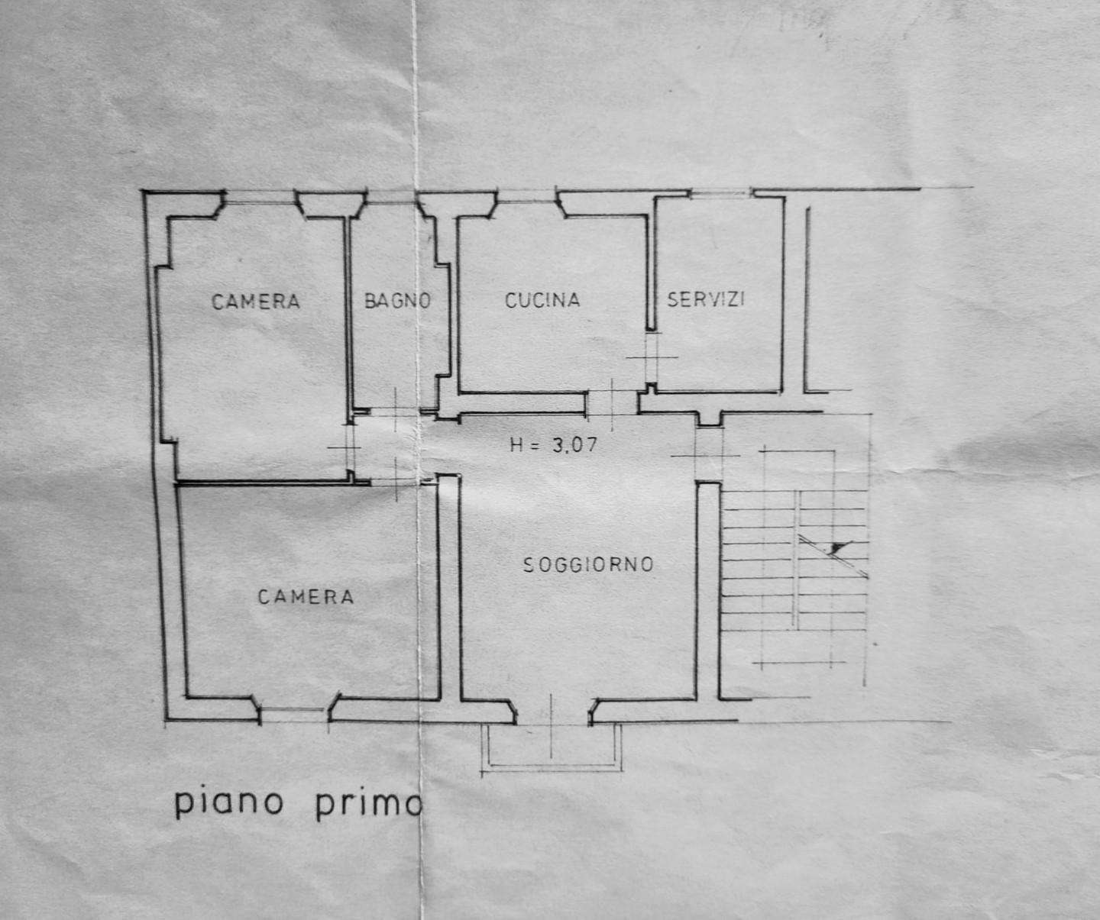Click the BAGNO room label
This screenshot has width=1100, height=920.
pyautogui.click(x=398, y=301)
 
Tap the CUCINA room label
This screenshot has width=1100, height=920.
pyautogui.click(x=542, y=300)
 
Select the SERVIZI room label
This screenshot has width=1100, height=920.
pyautogui.click(x=706, y=299)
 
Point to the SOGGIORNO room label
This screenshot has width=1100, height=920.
pyautogui.click(x=588, y=564)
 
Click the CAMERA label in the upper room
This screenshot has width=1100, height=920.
pyautogui.click(x=255, y=302)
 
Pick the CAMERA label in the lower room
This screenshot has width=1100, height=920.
pyautogui.click(x=306, y=596)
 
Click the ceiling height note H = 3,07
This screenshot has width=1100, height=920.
pyautogui.click(x=554, y=445)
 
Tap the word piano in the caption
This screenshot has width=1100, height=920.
pyautogui.click(x=229, y=804)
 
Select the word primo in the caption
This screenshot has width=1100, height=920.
pyautogui.click(x=369, y=805)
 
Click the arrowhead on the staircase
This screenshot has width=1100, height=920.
pyautogui.click(x=839, y=547)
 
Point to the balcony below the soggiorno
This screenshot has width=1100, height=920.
pyautogui.click(x=551, y=747)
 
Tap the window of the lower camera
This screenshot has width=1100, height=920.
pyautogui.click(x=295, y=713)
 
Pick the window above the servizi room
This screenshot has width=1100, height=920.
pyautogui.click(x=722, y=195)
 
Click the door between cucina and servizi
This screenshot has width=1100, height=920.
pyautogui.click(x=652, y=357)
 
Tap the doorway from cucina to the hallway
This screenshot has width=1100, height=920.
pyautogui.click(x=612, y=403)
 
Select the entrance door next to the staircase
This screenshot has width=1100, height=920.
pyautogui.click(x=709, y=454)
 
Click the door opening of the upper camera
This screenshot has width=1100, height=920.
pyautogui.click(x=349, y=447)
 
